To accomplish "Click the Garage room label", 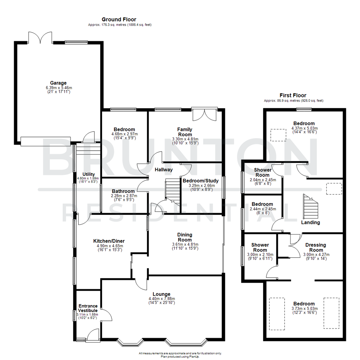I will pos(58,83).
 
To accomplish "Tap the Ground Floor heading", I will pos(119,20).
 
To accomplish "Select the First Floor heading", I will pos(294,95).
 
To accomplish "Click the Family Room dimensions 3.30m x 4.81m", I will pos(185,139).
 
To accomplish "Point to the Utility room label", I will pos(89,174).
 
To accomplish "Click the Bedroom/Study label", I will pos(201,181).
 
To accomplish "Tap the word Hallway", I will pos(164,170).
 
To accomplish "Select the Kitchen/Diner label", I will pos(109,241).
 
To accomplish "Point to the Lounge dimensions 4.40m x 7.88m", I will pos(162,299).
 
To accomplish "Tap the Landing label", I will pos(310,222).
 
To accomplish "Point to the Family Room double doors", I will pos(205,114).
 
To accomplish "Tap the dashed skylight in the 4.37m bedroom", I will pos(278,135).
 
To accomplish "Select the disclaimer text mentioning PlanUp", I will pos(180,355).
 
